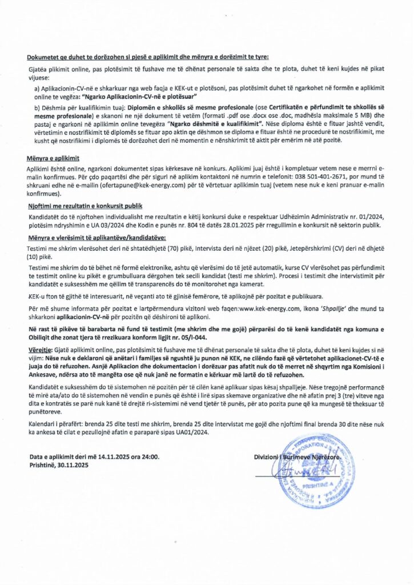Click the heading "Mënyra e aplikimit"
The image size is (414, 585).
point(52,156)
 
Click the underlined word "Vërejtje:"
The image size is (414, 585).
point(39,347)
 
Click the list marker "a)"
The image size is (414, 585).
point(37,89)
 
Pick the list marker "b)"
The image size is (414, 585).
point(37,107)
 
